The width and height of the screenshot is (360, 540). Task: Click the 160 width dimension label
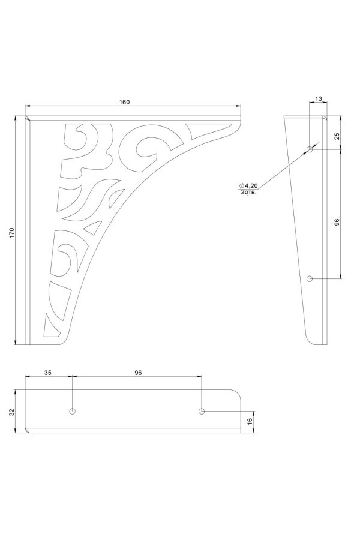click(124, 102)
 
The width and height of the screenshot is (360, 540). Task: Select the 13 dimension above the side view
click(319, 99)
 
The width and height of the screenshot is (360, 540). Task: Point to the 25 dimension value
click(337, 136)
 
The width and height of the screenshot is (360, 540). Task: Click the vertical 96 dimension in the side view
click(337, 222)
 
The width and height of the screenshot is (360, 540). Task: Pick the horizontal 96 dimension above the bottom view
click(138, 373)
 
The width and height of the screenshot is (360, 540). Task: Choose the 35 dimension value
click(48, 373)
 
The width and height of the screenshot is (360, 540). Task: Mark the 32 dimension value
click(11, 412)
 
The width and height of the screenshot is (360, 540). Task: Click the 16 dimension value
click(250, 421)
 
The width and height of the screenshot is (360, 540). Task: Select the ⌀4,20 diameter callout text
click(248, 185)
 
